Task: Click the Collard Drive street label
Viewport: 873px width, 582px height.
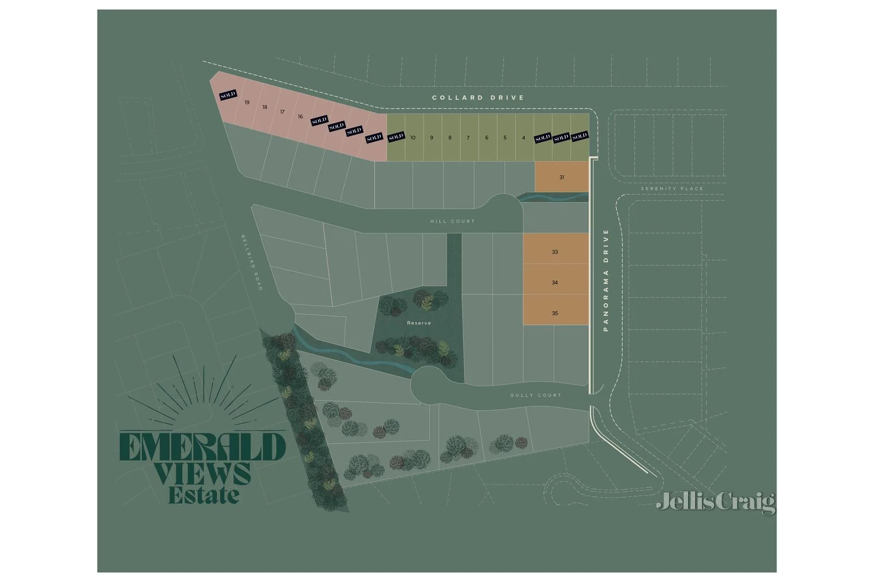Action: [478, 98]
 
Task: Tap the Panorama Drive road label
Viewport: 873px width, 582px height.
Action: [606, 280]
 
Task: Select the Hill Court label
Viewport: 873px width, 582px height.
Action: [452, 221]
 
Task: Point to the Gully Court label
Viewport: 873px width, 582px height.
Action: [535, 395]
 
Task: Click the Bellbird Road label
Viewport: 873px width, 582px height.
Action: [252, 262]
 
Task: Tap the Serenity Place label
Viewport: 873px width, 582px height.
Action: [672, 189]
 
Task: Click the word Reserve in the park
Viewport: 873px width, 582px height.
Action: [418, 323]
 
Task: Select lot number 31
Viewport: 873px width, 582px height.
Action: [561, 177]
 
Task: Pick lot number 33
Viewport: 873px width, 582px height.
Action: [554, 252]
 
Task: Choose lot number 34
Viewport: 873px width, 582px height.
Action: [554, 283]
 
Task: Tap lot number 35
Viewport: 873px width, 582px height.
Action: [554, 313]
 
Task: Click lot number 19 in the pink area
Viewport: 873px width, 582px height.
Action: [247, 103]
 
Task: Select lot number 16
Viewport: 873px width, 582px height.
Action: [300, 117]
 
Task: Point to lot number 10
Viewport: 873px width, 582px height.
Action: [412, 137]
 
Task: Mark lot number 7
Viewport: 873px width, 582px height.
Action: [468, 137]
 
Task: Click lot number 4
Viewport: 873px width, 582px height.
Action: [523, 137]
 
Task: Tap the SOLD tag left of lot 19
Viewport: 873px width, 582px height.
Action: [228, 95]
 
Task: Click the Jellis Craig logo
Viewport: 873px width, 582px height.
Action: [715, 502]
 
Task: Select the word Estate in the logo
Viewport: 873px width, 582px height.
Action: [204, 495]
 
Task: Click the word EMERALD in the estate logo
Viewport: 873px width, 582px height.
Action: [202, 447]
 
